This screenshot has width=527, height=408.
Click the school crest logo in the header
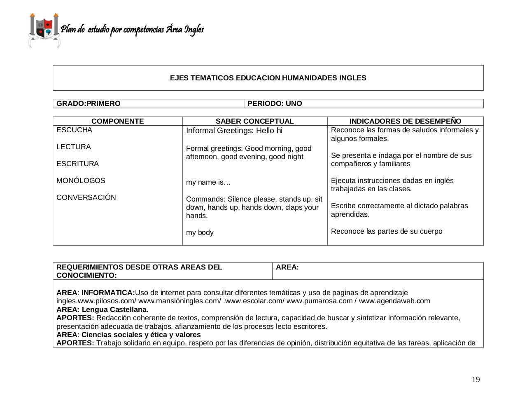coord(44,30)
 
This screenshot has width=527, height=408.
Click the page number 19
coord(476,380)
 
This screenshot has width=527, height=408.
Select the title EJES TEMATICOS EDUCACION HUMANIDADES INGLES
coord(268,78)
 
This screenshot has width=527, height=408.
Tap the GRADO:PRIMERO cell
coord(89,103)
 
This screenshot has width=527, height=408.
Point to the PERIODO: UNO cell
coord(275,103)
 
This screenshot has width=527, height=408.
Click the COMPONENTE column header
coord(118,121)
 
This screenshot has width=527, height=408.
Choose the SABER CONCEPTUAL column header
coord(255,121)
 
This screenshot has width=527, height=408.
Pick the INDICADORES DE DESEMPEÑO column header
coord(405,121)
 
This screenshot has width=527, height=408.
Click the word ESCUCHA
coord(75,130)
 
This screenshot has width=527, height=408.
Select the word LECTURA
coord(74,147)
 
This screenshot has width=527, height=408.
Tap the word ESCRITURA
coord(77,164)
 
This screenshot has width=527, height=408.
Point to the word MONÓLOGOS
coord(81,181)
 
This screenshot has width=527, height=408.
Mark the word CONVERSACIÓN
coord(86,197)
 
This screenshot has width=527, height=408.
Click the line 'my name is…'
coord(208,182)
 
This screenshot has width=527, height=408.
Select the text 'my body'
coord(200,232)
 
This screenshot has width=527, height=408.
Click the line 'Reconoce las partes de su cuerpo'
coord(387,231)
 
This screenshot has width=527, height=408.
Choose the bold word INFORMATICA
coord(108,293)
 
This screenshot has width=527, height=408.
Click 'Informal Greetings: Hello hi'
coord(234,131)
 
